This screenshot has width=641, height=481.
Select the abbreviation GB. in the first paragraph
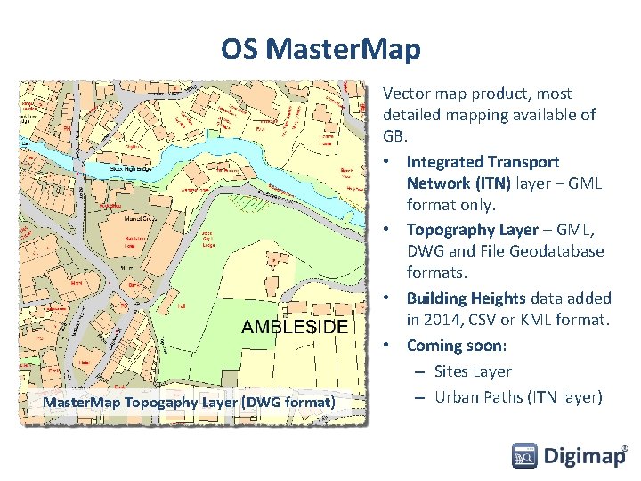coord(395,137)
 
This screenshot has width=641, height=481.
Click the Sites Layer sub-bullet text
coord(473,371)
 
